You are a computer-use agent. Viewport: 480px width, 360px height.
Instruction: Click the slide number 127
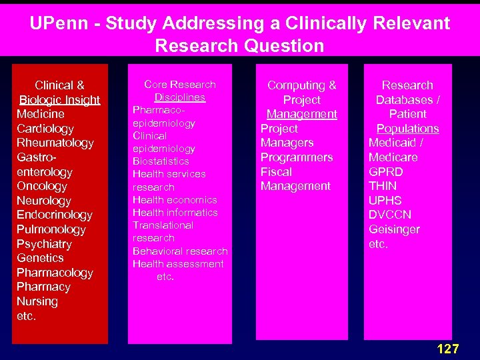(x=447, y=348)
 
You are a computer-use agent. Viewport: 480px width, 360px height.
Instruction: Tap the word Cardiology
(x=45, y=129)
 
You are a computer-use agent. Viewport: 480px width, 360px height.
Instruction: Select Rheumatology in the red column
(x=55, y=143)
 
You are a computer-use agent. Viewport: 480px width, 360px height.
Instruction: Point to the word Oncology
(x=41, y=186)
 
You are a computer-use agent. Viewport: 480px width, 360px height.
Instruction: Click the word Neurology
(x=43, y=201)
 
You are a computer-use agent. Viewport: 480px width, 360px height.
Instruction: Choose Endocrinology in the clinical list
(x=54, y=215)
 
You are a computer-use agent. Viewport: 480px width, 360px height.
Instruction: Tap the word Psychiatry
(x=44, y=244)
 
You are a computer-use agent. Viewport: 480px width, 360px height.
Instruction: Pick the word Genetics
(x=40, y=258)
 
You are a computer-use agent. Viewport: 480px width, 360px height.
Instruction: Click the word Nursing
(x=37, y=301)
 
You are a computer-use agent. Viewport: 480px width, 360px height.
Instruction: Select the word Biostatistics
(x=161, y=161)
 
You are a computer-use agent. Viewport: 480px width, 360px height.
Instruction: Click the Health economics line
(x=175, y=200)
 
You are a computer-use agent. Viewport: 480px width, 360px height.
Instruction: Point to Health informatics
(x=175, y=213)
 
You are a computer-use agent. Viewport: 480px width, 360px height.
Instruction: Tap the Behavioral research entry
(x=180, y=251)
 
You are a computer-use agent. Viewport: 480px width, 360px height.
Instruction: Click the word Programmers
(x=296, y=157)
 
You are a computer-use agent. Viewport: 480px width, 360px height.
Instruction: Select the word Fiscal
(x=276, y=171)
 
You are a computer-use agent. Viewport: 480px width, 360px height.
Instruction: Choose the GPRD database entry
(x=385, y=171)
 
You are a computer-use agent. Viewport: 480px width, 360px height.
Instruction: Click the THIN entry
(x=382, y=186)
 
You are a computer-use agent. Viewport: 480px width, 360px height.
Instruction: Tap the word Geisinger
(x=394, y=229)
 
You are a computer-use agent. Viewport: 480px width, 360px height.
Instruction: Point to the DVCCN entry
(x=389, y=215)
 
